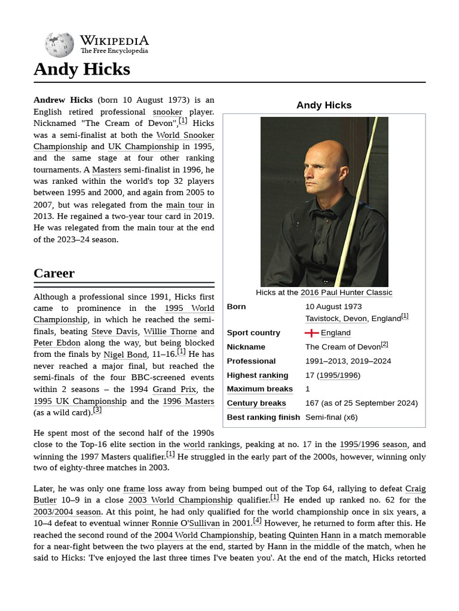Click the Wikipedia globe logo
tap(59, 45)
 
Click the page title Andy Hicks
tap(82, 69)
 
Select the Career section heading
tap(54, 273)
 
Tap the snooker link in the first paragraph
tap(167, 112)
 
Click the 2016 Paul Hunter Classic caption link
tap(346, 292)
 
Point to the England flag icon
tap(311, 333)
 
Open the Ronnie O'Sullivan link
tap(185, 523)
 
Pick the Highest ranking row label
tap(258, 375)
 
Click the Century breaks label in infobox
tap(256, 403)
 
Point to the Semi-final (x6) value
tap(331, 417)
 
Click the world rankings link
tap(211, 445)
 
